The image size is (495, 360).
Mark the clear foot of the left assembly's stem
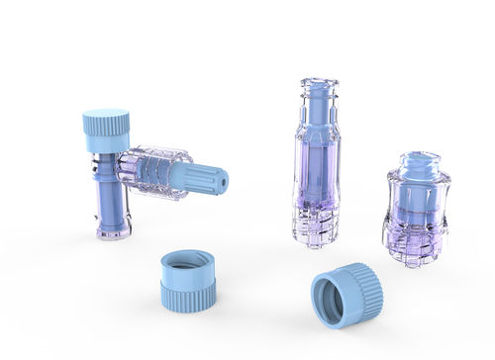click(x=114, y=231)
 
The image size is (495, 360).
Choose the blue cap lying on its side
click(x=346, y=295)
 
